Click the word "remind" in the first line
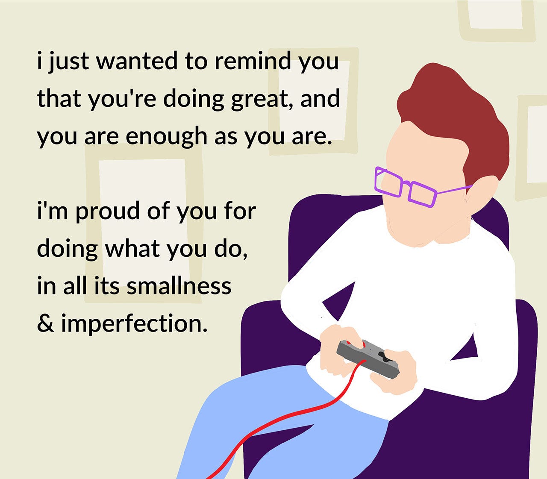click(253, 60)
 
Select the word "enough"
click(166, 137)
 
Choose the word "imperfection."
click(135, 324)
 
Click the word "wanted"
click(137, 60)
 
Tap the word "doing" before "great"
click(194, 100)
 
